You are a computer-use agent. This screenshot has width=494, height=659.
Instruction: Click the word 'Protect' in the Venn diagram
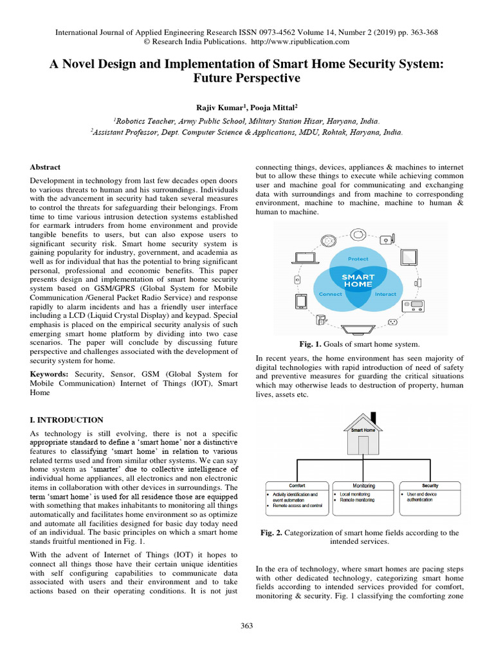[x=358, y=259]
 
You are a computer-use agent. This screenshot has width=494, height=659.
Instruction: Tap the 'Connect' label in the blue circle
[x=331, y=293]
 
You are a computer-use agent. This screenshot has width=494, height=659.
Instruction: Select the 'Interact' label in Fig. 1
[x=386, y=293]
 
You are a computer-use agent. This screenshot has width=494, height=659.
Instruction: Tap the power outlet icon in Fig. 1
[x=297, y=280]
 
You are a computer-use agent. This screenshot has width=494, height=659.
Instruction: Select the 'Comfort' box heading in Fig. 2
[x=297, y=486]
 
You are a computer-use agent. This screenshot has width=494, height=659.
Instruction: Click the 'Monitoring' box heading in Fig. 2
[x=363, y=486]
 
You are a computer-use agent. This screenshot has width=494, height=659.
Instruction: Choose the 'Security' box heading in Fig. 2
[x=430, y=486]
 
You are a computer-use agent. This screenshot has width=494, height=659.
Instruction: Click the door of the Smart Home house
[x=363, y=445]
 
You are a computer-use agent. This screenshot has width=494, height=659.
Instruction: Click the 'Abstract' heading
[x=45, y=167]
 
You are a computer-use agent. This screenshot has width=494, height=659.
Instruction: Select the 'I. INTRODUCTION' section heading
[x=67, y=420]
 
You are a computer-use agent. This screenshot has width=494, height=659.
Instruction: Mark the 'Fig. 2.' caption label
[x=271, y=533]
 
